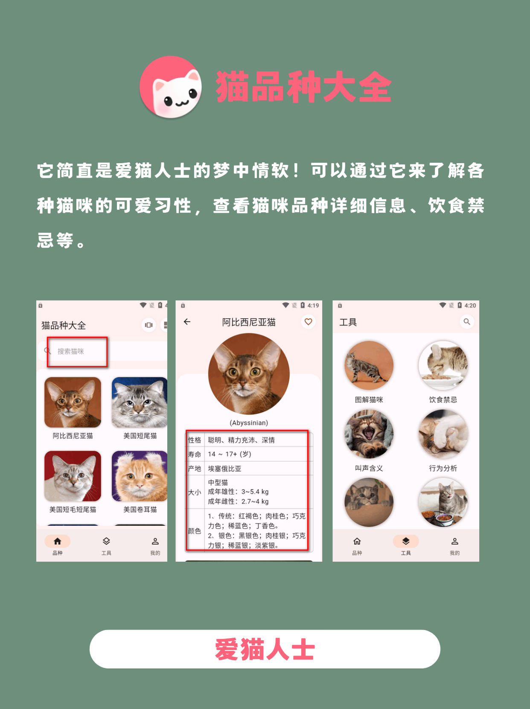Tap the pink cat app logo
[x=171, y=87]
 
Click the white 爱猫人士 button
[x=265, y=649]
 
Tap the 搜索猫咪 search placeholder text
[x=71, y=352]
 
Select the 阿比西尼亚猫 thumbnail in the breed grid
[x=73, y=402]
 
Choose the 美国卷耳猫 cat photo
[x=140, y=476]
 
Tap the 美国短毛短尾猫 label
[x=73, y=510]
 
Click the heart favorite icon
[x=309, y=322]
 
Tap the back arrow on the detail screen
[x=187, y=322]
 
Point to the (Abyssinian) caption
[x=249, y=423]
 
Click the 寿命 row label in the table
[x=195, y=454]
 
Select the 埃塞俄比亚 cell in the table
[x=224, y=469]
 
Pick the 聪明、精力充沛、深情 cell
[x=241, y=440]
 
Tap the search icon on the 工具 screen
[x=467, y=322]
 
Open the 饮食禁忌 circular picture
[x=443, y=365]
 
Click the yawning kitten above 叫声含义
[x=369, y=434]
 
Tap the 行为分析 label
[x=443, y=468]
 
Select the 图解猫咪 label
[x=369, y=399]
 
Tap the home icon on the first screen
[x=58, y=541]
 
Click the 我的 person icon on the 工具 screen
[x=454, y=541]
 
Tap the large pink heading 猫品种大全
[x=303, y=87]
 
